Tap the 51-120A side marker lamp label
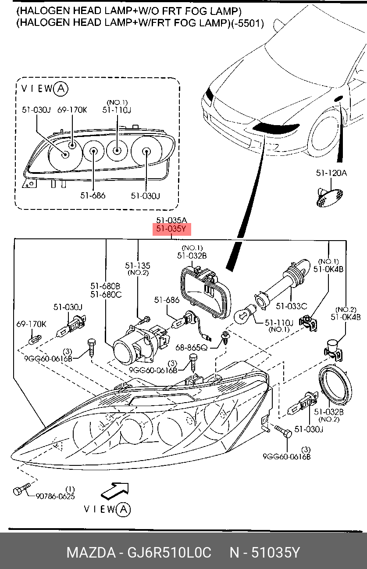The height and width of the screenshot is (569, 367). coord(331,173)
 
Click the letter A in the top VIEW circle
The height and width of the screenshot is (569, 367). coord(61,89)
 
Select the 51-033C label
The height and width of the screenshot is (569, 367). coord(291,306)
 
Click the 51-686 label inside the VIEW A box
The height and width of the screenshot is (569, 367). coord(93,195)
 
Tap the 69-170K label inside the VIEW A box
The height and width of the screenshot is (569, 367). coord(72,110)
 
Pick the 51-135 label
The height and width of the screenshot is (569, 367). coord(137,266)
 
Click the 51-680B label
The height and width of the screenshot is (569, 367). coord(106,286)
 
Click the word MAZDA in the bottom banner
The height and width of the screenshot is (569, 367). coord(90,552)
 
